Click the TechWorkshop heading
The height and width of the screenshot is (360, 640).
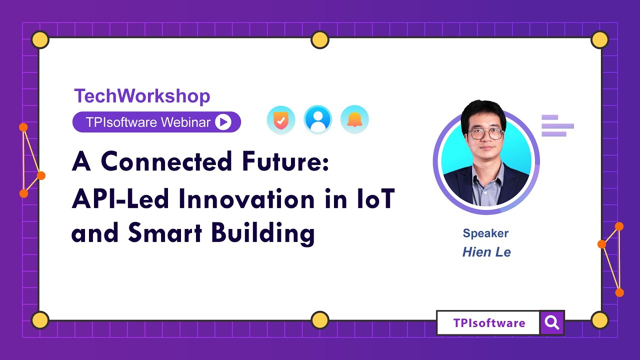[x=142, y=96]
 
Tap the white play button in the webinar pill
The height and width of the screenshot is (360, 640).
[x=223, y=122]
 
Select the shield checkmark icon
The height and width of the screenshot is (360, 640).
[x=281, y=120]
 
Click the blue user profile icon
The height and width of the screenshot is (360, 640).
[x=318, y=120]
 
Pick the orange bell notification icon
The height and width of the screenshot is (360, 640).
[x=354, y=120]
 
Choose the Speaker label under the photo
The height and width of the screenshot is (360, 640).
[x=485, y=233]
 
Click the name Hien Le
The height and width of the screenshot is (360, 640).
[x=486, y=252]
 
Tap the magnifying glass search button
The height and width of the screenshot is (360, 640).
[x=552, y=323]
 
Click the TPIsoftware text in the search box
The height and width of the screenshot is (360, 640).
[x=489, y=323]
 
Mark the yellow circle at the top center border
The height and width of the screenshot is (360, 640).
[x=320, y=39]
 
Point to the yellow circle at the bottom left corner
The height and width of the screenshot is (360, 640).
[x=40, y=320]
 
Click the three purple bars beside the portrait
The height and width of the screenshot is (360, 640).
[x=557, y=125]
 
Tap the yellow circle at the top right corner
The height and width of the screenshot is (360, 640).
[x=599, y=39]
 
